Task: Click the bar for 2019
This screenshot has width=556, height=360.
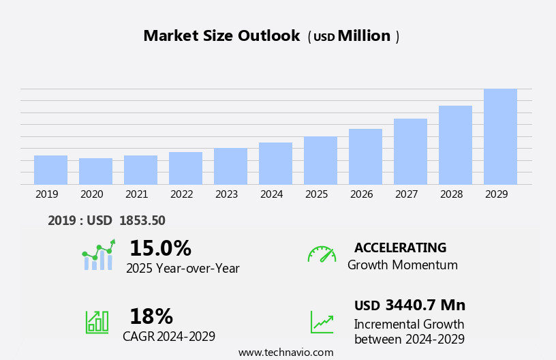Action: click(x=50, y=170)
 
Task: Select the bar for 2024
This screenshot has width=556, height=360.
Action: click(x=275, y=164)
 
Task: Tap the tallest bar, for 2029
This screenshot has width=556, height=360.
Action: click(x=500, y=136)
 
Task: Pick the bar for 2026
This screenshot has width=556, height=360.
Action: click(x=365, y=157)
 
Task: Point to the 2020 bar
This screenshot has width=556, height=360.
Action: click(x=95, y=171)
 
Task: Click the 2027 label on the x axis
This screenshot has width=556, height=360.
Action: click(x=406, y=194)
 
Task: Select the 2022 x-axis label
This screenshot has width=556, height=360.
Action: click(x=181, y=194)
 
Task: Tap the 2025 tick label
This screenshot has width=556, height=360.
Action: click(x=316, y=194)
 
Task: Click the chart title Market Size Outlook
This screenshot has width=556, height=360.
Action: click(x=221, y=36)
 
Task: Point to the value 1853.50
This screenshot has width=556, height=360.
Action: click(x=142, y=220)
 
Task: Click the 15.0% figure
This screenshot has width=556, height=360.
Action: click(x=160, y=248)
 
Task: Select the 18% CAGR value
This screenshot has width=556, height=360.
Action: click(x=151, y=316)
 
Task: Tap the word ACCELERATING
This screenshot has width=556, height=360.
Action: click(x=400, y=248)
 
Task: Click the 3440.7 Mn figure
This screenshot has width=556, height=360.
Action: click(x=425, y=305)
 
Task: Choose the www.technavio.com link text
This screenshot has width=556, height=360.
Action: click(x=285, y=352)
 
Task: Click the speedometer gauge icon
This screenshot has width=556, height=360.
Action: click(x=322, y=255)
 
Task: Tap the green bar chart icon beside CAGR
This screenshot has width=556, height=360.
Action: click(x=97, y=322)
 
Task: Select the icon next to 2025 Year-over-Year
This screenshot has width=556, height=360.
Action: click(x=98, y=256)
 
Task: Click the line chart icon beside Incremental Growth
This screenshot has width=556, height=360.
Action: click(x=322, y=322)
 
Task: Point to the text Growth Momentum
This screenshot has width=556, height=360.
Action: click(x=402, y=265)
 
